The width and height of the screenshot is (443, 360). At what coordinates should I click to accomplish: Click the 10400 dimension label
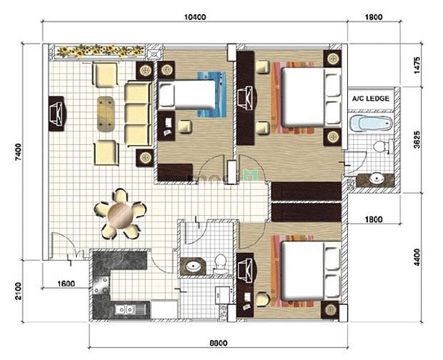195,17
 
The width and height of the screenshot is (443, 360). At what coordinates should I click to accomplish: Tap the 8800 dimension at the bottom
218,344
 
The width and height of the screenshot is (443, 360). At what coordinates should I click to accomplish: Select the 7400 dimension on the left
18,152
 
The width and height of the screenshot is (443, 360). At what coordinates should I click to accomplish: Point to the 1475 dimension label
417,66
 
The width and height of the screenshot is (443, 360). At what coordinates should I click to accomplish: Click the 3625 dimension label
417,139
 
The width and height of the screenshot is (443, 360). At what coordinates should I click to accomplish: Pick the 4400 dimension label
417,257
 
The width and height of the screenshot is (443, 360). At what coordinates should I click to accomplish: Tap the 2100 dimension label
18,291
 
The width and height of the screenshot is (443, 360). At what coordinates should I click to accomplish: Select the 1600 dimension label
66,284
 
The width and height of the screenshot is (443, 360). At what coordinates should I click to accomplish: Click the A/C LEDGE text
370,99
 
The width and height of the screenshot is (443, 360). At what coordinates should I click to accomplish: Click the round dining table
120,216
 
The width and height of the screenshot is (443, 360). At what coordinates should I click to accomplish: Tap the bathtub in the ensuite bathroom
371,124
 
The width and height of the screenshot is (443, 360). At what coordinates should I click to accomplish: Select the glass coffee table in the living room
106,114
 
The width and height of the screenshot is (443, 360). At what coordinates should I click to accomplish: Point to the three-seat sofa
138,114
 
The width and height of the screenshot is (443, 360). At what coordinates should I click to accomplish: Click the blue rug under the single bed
212,94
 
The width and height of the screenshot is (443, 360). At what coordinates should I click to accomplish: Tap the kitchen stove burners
101,285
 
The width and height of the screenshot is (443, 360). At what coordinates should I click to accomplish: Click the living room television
56,114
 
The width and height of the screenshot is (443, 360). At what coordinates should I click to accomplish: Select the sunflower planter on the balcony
100,51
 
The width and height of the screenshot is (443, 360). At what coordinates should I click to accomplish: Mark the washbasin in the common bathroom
193,266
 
